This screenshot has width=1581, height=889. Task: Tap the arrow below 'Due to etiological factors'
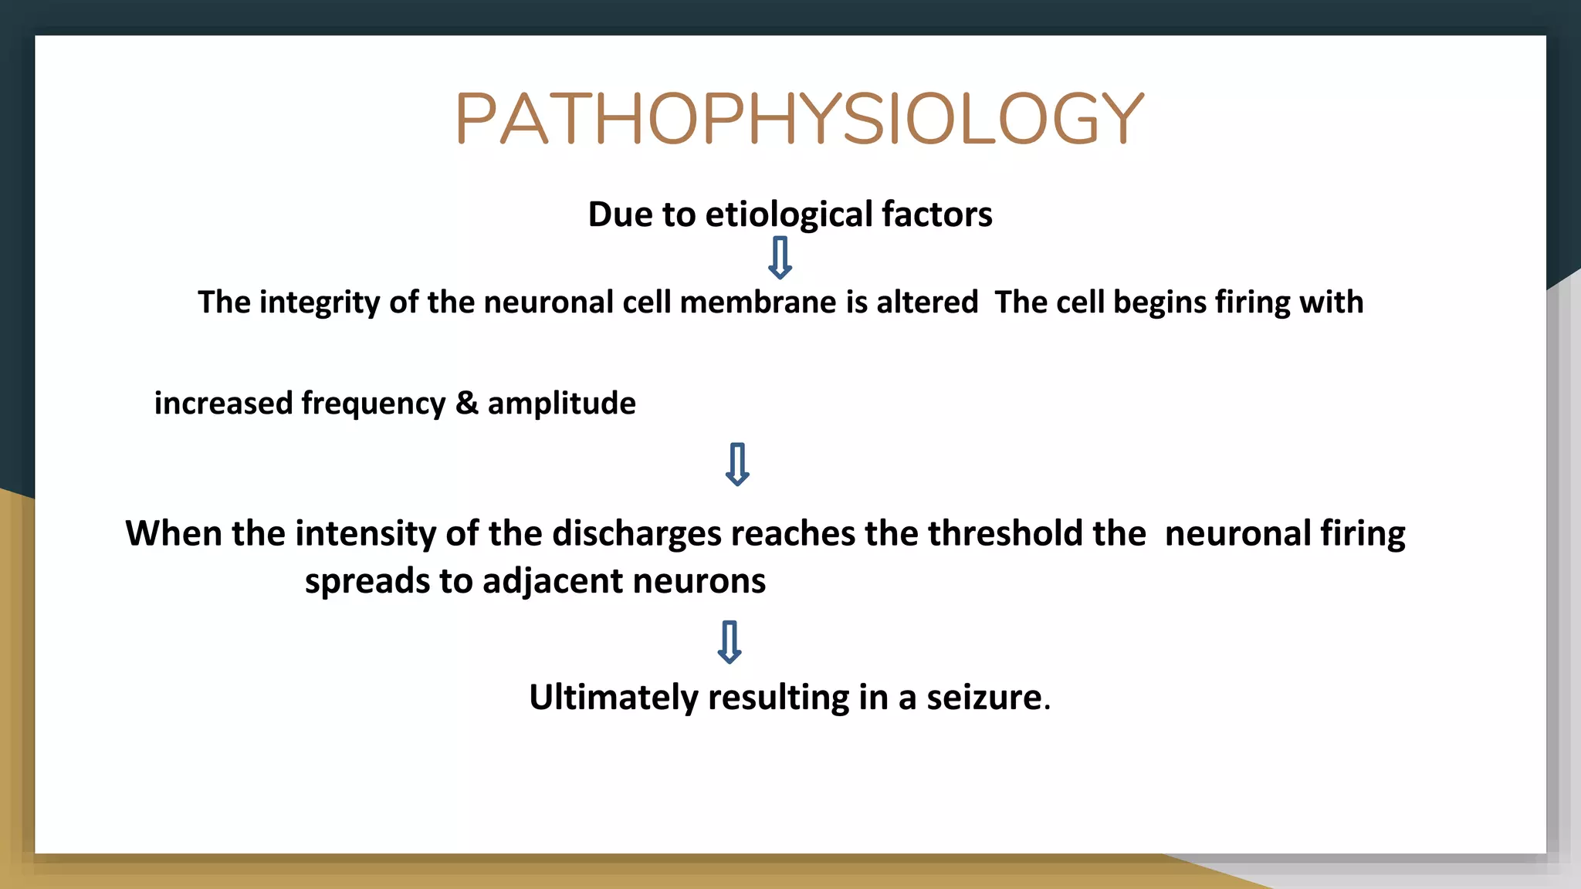tap(780, 258)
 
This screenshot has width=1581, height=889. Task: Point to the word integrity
tap(320, 303)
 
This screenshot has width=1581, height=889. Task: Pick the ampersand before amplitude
tap(466, 403)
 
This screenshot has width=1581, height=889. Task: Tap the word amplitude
tap(561, 404)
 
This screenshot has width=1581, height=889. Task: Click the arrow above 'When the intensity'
tap(737, 464)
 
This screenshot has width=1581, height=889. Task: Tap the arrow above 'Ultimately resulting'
tap(730, 642)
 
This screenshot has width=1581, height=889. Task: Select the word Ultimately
tap(613, 698)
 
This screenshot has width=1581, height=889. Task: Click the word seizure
tap(984, 698)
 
